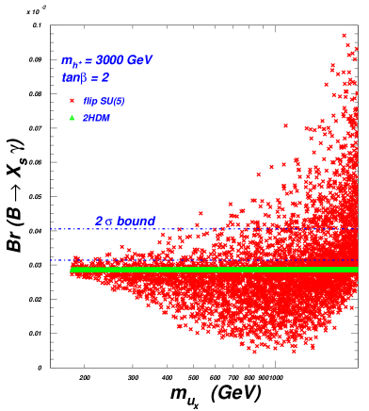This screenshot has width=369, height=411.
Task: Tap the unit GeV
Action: [139, 60]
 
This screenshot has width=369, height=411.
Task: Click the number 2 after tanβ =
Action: [104, 78]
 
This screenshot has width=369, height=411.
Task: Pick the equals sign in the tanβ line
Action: [93, 78]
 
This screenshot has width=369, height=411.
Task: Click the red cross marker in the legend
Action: [72, 100]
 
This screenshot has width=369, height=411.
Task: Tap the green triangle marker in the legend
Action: [72, 118]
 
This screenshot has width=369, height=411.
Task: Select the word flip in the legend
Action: [90, 101]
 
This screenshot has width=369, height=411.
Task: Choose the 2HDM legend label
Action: [96, 118]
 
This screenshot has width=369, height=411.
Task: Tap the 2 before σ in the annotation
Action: [99, 222]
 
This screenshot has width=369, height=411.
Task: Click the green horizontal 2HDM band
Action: [207, 270]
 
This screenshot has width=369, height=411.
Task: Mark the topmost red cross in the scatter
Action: [344, 35]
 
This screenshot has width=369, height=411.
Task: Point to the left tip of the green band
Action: [71, 270]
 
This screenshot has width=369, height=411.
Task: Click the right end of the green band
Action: [356, 270]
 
